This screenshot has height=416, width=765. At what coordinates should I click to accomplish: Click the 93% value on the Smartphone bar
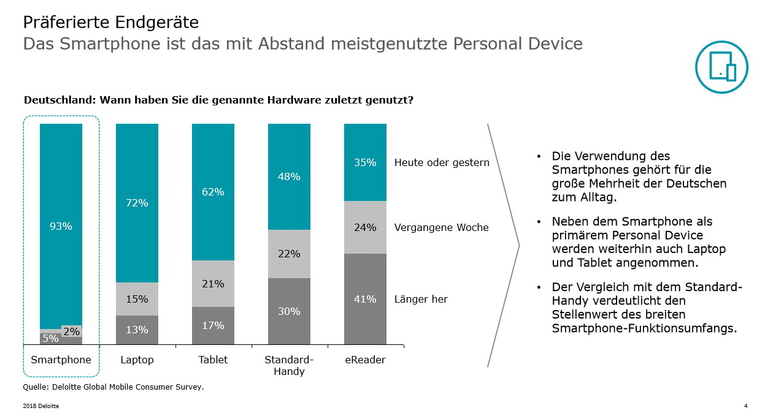click(61, 226)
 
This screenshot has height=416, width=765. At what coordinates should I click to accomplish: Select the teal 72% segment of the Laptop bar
click(137, 203)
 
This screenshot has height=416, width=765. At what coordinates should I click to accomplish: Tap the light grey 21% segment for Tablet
click(213, 284)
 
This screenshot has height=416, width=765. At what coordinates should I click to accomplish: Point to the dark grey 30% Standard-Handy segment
click(289, 311)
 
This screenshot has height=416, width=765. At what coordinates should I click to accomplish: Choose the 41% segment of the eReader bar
click(365, 299)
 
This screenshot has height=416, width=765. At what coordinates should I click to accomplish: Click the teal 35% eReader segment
click(365, 162)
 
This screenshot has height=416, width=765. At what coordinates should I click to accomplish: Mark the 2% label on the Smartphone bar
click(71, 331)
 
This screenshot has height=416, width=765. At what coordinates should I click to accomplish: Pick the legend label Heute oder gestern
click(441, 162)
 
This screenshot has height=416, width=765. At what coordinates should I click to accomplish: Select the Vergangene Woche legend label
click(441, 227)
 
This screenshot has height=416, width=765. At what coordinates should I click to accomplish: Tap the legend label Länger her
click(420, 299)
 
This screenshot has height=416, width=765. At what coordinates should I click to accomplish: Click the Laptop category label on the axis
click(137, 360)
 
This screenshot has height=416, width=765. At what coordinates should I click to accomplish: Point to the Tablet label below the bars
click(213, 360)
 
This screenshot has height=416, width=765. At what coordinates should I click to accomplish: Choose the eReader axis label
click(365, 360)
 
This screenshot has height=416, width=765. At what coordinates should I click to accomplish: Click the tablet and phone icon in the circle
click(722, 67)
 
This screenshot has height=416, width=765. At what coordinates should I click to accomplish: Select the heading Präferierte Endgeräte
click(110, 23)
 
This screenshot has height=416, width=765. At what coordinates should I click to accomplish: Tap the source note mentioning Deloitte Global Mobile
click(113, 387)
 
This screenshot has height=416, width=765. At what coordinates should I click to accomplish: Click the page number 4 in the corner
click(745, 406)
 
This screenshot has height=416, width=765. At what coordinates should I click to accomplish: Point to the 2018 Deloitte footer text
click(41, 406)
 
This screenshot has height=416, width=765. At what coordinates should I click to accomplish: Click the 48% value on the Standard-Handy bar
click(289, 176)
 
